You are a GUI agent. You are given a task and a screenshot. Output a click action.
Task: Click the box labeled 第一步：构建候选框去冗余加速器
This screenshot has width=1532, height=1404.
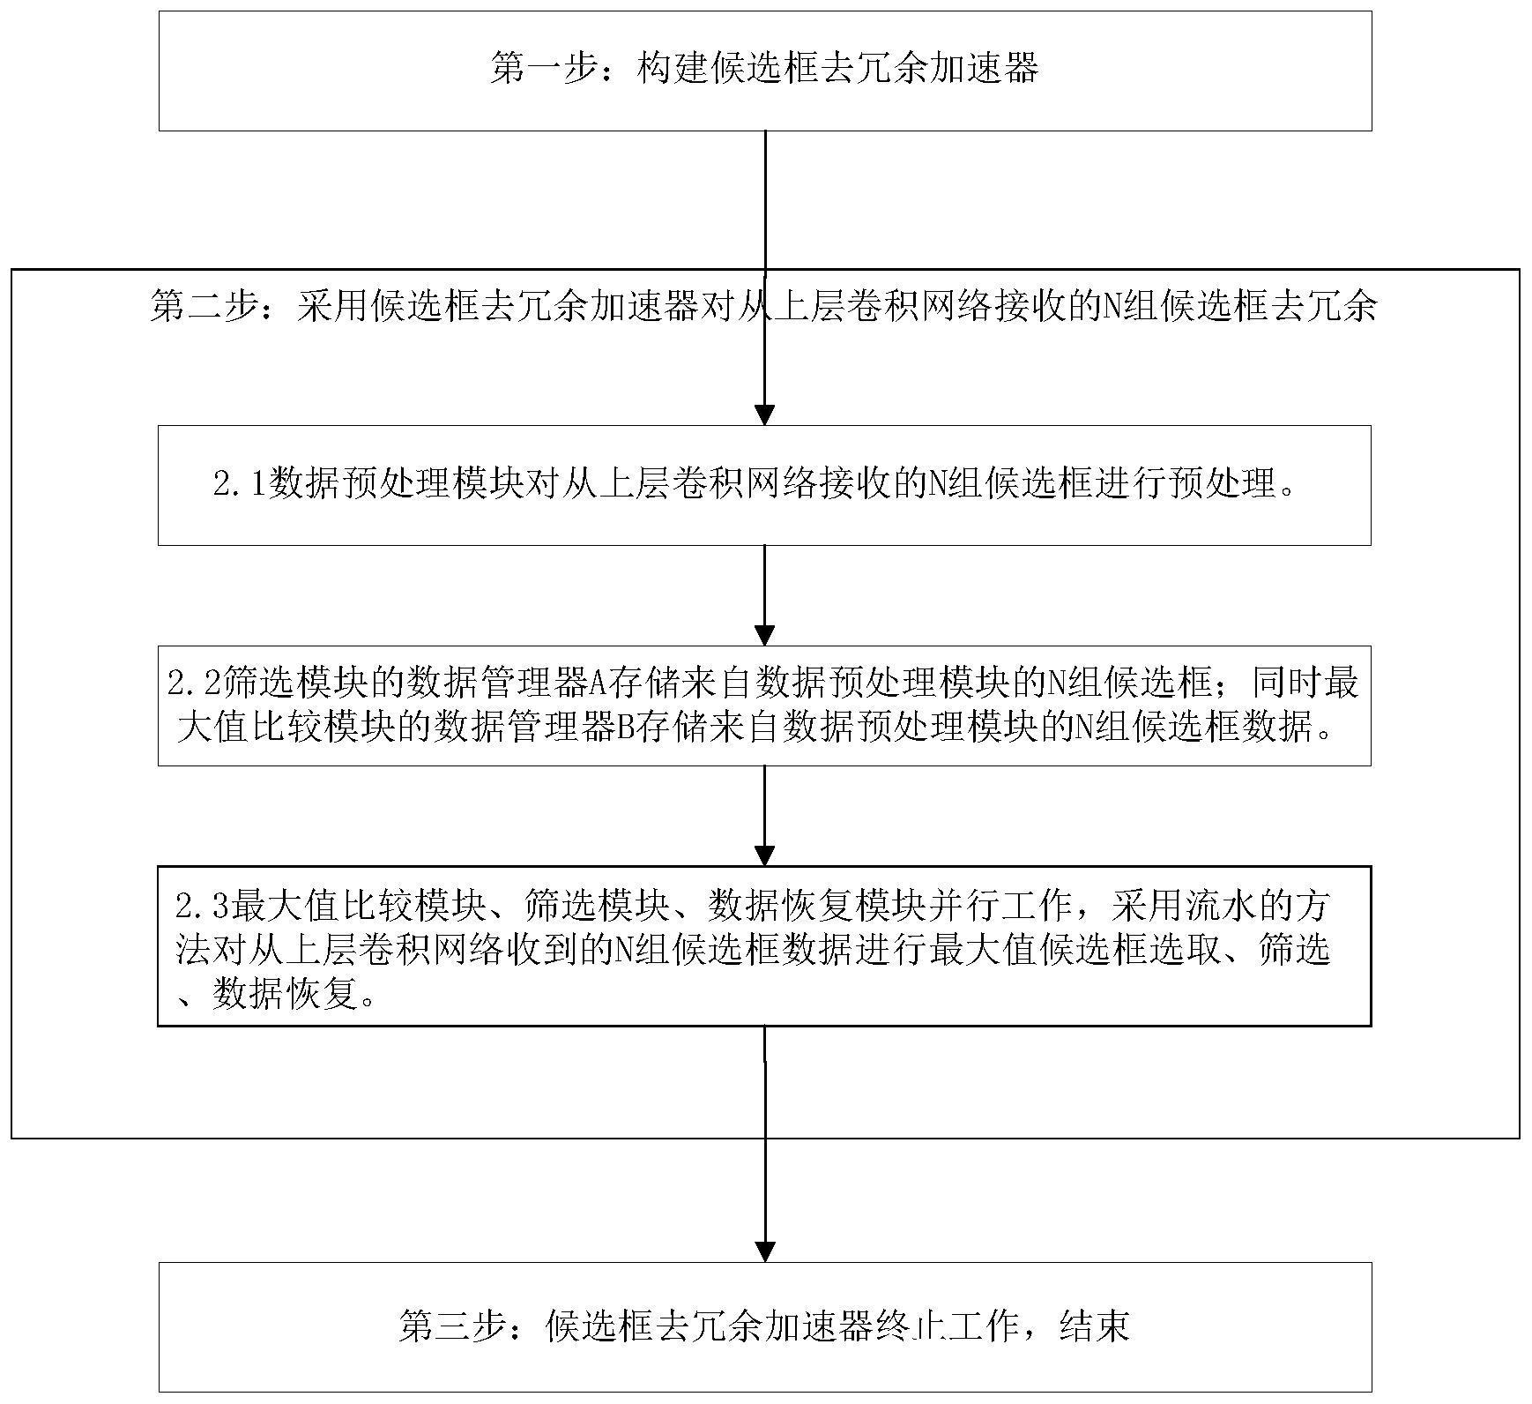pyautogui.click(x=765, y=71)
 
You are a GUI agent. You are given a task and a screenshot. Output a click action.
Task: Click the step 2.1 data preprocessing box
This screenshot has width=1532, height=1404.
pyautogui.click(x=764, y=485)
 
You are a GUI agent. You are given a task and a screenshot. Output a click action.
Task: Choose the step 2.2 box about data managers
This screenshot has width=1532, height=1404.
pyautogui.click(x=764, y=706)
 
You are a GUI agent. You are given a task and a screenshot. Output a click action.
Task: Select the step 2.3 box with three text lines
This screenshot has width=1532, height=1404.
pyautogui.click(x=764, y=946)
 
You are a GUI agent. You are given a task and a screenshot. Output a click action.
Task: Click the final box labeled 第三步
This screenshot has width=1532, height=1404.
pyautogui.click(x=765, y=1326)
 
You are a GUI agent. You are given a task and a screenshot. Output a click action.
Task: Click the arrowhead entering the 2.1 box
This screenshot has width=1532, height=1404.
pyautogui.click(x=765, y=415)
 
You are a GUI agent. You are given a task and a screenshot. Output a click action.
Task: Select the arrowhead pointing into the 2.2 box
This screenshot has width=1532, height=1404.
pyautogui.click(x=765, y=635)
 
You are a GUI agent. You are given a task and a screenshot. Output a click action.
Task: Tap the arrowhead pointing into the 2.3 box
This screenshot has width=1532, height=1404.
pyautogui.click(x=765, y=855)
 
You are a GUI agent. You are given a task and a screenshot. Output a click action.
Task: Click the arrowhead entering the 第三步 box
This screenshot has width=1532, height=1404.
pyautogui.click(x=765, y=1251)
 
